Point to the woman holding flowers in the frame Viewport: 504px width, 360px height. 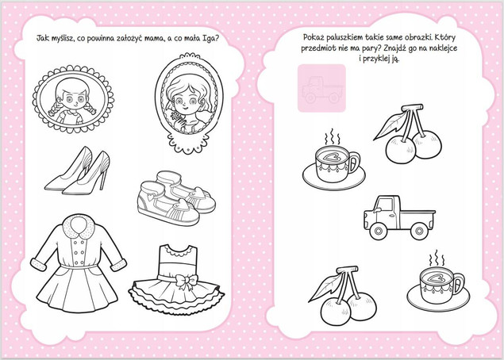(x=188, y=103)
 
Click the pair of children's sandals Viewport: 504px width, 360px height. (x=176, y=197)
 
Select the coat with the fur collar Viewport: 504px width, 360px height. (x=78, y=264)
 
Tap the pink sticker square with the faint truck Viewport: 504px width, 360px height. (x=321, y=88)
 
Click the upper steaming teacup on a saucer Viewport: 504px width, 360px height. (x=333, y=164)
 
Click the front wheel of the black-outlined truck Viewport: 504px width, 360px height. (x=379, y=231)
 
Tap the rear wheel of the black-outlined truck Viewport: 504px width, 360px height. (x=419, y=231)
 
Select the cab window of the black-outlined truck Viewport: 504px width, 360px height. (x=385, y=205)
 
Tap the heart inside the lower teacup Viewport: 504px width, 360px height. (x=437, y=278)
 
